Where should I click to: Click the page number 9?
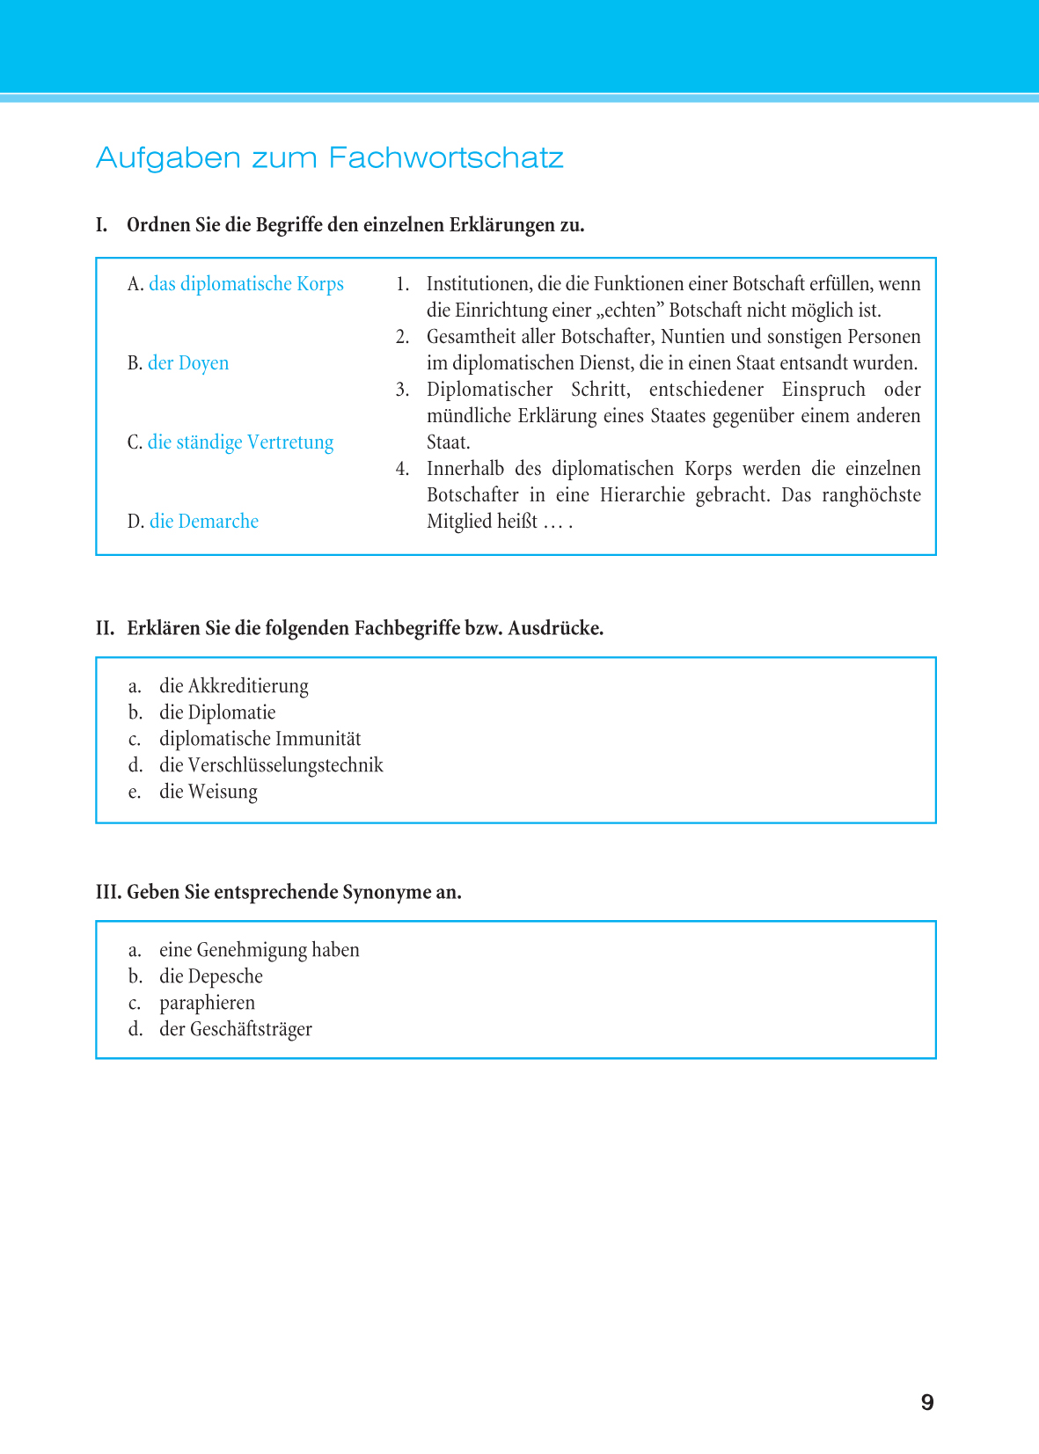pyautogui.click(x=927, y=1402)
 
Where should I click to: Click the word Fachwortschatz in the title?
pyautogui.click(x=446, y=158)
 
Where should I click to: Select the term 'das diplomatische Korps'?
pyautogui.click(x=245, y=284)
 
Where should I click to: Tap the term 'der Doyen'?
pyautogui.click(x=188, y=363)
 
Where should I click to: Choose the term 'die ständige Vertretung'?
pyautogui.click(x=240, y=442)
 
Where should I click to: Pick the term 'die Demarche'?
pyautogui.click(x=204, y=522)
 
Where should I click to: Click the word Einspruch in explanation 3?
pyautogui.click(x=823, y=390)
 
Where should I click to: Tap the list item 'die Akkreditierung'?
pyautogui.click(x=233, y=686)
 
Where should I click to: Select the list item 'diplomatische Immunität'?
pyautogui.click(x=260, y=739)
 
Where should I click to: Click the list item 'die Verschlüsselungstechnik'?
pyautogui.click(x=271, y=765)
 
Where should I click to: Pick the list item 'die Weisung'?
pyautogui.click(x=209, y=792)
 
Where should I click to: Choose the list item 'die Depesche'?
pyautogui.click(x=211, y=976)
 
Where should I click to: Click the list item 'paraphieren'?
pyautogui.click(x=207, y=1003)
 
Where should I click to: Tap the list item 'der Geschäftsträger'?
pyautogui.click(x=236, y=1029)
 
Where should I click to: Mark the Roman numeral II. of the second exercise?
pyautogui.click(x=106, y=628)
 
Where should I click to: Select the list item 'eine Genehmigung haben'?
pyautogui.click(x=260, y=950)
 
